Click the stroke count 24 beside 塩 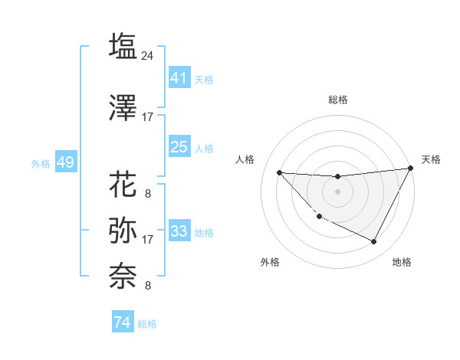[x=148, y=56]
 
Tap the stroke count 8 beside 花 [x=148, y=194]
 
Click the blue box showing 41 [x=179, y=77]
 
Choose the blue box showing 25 [x=179, y=147]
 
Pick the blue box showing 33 [x=179, y=231]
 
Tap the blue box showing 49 [x=65, y=163]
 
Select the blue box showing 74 [x=122, y=322]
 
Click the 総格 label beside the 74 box [x=147, y=324]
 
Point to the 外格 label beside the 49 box [x=41, y=164]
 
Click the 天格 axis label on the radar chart [x=431, y=159]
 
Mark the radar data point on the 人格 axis [x=279, y=172]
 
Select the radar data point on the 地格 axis [x=374, y=242]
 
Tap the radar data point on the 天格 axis [x=411, y=169]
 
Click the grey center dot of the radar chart [x=337, y=191]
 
